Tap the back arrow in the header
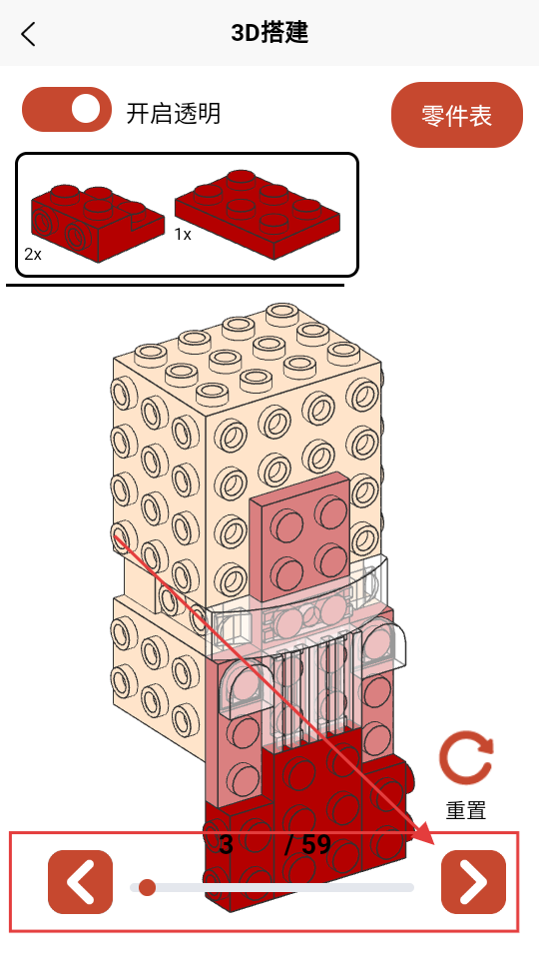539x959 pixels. [x=28, y=34]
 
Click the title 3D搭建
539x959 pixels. [x=269, y=33]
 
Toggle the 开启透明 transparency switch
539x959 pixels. [x=67, y=110]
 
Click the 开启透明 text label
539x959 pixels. [x=174, y=114]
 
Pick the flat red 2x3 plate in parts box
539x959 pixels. [x=258, y=214]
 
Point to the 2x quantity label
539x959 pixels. [x=33, y=254]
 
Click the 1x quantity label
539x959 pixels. [x=183, y=234]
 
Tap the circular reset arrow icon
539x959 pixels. [x=466, y=758]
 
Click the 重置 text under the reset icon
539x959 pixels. [x=466, y=810]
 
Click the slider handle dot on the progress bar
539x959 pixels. [x=147, y=887]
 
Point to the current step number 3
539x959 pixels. [x=227, y=845]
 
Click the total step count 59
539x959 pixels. [x=316, y=845]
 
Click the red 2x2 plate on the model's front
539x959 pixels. [x=300, y=536]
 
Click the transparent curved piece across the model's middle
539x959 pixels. [x=296, y=611]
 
